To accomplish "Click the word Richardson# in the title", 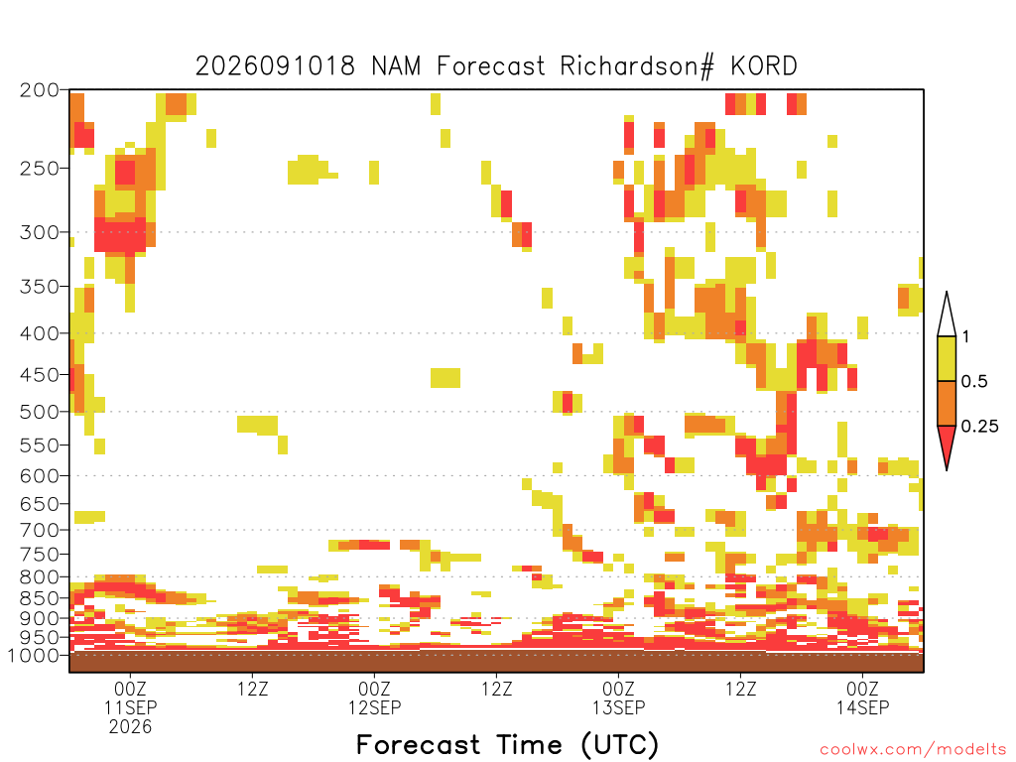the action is (x=637, y=66).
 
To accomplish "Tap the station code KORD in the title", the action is (x=764, y=66).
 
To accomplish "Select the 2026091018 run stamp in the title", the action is (x=276, y=66).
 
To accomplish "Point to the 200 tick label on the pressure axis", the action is (x=40, y=90).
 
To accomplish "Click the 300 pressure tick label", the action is (x=40, y=232).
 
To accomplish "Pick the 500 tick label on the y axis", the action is (x=40, y=412).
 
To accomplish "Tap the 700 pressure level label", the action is (x=40, y=530).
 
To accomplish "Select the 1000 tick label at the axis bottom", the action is (x=34, y=655).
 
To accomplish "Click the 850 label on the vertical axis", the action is (x=40, y=598).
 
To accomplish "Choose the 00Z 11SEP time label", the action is (x=130, y=698).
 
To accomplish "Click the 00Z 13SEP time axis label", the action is (x=619, y=698).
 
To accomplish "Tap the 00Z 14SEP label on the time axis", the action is (x=862, y=698).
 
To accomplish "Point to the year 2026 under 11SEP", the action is (x=130, y=727).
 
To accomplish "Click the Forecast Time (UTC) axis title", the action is (x=507, y=745).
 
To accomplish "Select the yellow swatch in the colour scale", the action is (x=947, y=358).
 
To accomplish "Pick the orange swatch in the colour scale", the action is (x=947, y=403).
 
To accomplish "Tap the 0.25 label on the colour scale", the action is (x=979, y=426).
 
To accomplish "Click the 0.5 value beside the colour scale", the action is (x=974, y=381).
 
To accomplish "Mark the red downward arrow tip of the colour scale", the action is (x=947, y=469).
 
